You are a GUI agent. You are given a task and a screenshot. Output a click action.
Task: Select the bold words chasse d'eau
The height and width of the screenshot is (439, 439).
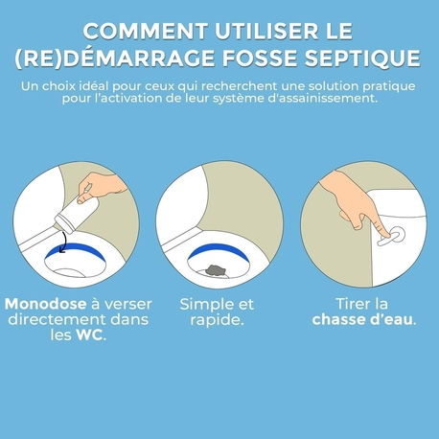(x=364, y=320)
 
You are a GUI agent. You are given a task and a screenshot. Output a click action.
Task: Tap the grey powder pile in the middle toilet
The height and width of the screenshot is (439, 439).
(x=219, y=257)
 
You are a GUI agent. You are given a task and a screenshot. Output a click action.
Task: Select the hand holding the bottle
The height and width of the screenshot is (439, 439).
(x=94, y=184)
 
